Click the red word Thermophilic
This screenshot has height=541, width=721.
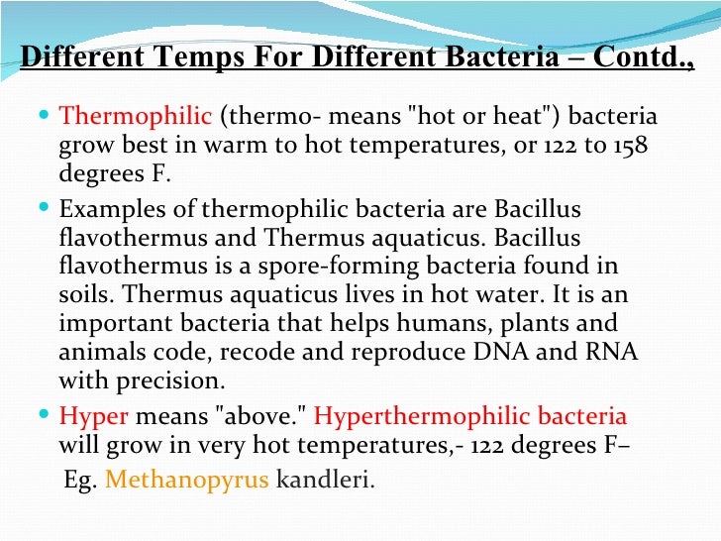click(136, 117)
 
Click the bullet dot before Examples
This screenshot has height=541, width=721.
click(49, 209)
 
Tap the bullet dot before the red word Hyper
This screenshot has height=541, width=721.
click(49, 415)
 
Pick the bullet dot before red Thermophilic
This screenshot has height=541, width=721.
click(49, 116)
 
